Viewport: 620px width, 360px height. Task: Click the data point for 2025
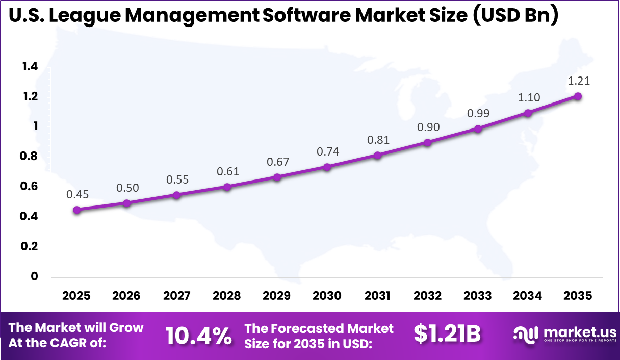click(76, 210)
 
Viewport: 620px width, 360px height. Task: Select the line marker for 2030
click(327, 167)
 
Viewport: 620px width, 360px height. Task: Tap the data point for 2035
click(578, 96)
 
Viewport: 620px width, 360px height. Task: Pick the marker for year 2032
click(427, 143)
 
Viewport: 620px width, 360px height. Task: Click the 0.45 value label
click(77, 194)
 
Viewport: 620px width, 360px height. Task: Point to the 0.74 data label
click(327, 151)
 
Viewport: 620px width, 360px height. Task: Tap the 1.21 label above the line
click(578, 81)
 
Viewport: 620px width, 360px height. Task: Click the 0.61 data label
click(227, 171)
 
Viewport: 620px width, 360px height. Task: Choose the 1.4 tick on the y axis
click(30, 66)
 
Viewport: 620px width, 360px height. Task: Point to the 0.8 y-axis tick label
click(30, 156)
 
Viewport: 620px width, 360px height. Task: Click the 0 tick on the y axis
click(35, 276)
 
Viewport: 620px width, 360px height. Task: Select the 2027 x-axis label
click(177, 296)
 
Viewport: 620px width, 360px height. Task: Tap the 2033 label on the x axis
click(478, 296)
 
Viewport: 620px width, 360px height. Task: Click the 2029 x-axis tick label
click(277, 296)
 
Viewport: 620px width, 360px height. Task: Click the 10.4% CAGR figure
click(199, 336)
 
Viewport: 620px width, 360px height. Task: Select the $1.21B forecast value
click(447, 334)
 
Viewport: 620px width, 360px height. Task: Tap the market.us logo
click(564, 335)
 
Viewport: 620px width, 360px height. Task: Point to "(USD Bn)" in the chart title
click(515, 15)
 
